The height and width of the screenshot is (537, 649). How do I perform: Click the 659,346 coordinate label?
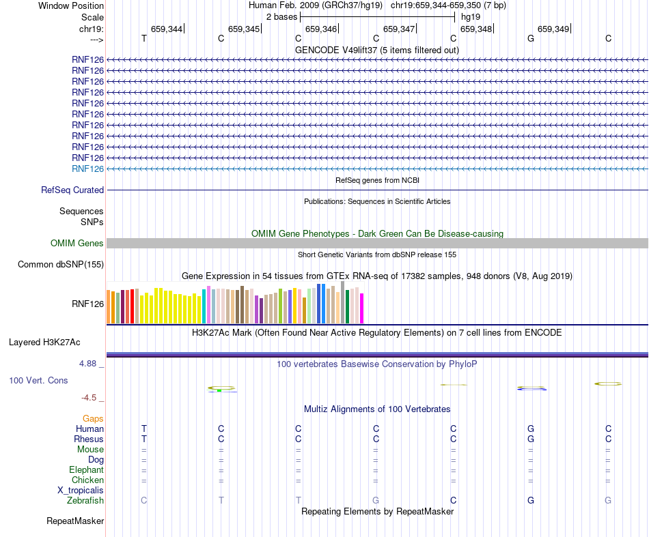(x=321, y=29)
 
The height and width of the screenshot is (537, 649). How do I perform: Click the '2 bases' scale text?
(x=281, y=16)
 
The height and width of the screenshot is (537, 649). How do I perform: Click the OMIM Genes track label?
(x=77, y=244)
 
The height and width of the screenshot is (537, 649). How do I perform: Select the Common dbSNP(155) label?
(x=61, y=265)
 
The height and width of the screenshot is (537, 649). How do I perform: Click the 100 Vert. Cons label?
(x=39, y=380)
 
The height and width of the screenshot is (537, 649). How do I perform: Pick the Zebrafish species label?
(x=85, y=501)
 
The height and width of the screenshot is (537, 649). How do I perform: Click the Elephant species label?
(x=86, y=470)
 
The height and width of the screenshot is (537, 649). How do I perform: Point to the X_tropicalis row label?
(x=81, y=491)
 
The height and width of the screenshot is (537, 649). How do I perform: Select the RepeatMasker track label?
(x=75, y=521)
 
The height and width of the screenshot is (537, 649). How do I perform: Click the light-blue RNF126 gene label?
(x=87, y=169)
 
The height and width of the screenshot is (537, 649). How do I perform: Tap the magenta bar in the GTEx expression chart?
(x=362, y=308)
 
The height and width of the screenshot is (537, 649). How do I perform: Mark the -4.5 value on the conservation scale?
(x=89, y=397)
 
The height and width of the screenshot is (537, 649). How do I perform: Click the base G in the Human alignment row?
(x=531, y=429)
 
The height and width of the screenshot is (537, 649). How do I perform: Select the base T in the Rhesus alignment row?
(x=143, y=439)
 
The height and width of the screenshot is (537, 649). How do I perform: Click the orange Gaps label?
(x=93, y=418)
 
